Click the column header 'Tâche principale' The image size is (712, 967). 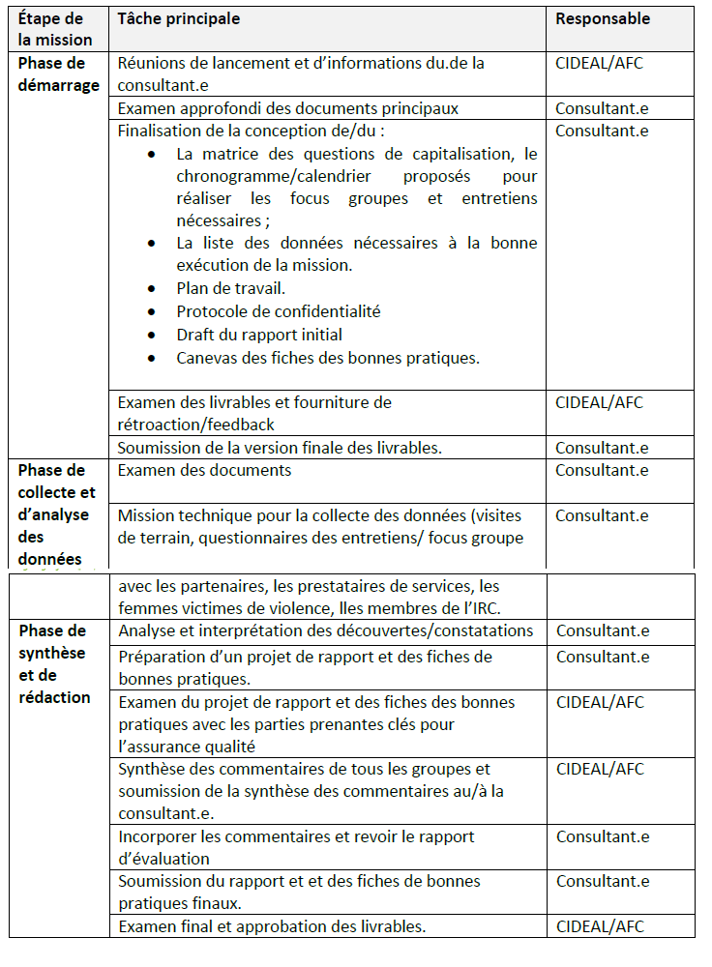(179, 18)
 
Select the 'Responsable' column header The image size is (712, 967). (603, 18)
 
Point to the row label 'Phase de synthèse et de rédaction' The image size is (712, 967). (54, 663)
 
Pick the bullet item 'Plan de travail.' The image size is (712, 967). (230, 288)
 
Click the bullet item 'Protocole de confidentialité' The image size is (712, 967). (278, 311)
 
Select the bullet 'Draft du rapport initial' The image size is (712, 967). (259, 335)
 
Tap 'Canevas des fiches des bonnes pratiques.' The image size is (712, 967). (328, 358)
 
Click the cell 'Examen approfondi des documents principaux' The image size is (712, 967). (287, 108)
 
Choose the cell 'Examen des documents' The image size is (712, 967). (204, 470)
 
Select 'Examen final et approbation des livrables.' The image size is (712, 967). (273, 926)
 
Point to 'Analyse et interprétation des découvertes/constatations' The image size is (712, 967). (326, 630)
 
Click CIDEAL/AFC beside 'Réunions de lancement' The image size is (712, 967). (600, 63)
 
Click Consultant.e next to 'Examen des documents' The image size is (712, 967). (602, 470)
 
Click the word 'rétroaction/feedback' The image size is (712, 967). (196, 425)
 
